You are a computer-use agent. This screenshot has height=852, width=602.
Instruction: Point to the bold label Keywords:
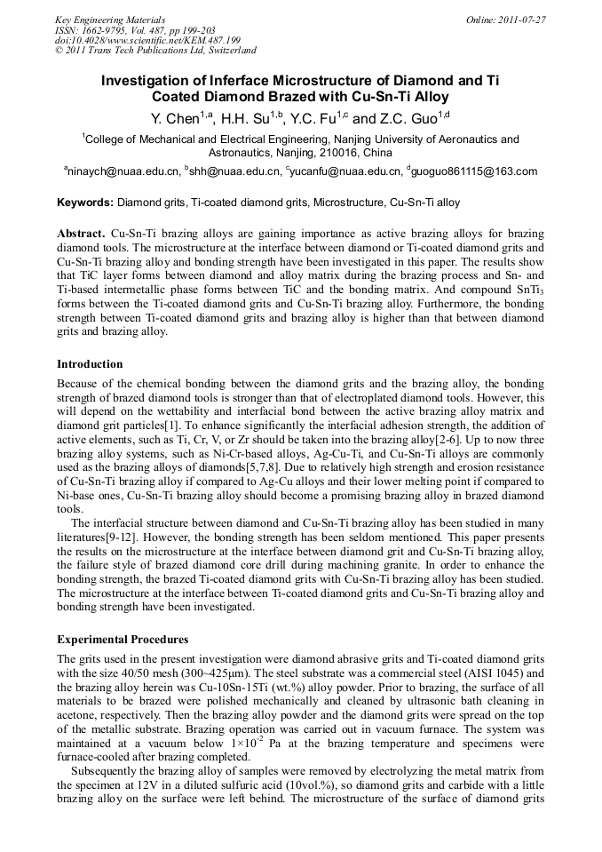[85, 203]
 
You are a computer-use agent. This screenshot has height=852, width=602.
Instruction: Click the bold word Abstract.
[82, 232]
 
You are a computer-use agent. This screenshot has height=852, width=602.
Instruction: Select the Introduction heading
[90, 364]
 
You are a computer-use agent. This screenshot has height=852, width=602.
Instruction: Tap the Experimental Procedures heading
[123, 640]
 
